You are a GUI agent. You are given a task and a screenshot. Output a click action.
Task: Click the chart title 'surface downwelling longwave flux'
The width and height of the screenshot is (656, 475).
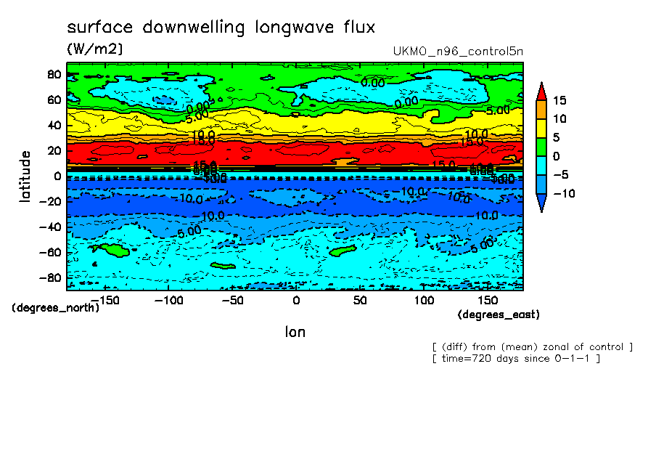tap(221, 28)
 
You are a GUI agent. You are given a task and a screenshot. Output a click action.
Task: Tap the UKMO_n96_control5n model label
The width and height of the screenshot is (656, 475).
tap(457, 52)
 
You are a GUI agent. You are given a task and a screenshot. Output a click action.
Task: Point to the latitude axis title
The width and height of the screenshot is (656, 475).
tap(25, 176)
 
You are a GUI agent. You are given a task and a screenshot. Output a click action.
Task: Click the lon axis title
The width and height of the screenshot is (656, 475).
tap(295, 332)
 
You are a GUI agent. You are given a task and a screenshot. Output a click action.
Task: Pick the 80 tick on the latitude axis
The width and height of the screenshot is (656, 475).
tap(54, 74)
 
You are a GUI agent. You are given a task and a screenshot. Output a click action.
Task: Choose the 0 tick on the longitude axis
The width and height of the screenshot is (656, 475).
tap(296, 300)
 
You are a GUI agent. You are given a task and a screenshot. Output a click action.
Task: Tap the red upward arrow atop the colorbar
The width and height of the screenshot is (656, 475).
tap(541, 90)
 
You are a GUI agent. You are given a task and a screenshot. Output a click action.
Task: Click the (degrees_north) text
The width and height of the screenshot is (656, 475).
tap(56, 307)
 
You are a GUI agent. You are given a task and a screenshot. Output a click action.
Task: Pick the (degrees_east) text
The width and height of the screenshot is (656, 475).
tap(499, 314)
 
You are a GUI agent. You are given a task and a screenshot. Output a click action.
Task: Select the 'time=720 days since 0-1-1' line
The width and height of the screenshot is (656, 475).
tap(515, 359)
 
